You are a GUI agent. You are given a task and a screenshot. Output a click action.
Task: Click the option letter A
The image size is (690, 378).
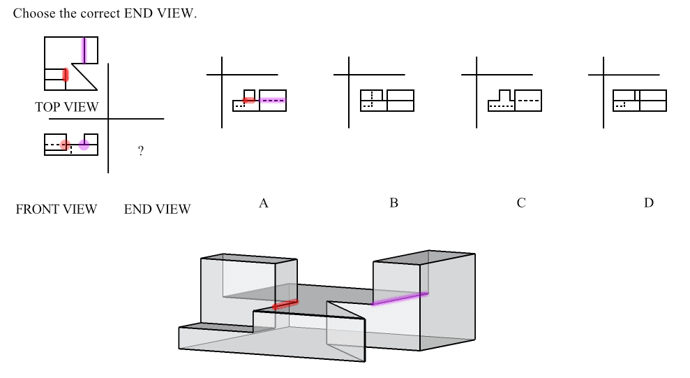[264, 203]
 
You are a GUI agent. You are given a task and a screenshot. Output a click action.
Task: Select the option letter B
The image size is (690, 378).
[393, 203]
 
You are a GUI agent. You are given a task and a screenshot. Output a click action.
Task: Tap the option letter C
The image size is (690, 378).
[521, 203]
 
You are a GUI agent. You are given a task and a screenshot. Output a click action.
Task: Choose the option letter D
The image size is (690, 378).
[649, 203]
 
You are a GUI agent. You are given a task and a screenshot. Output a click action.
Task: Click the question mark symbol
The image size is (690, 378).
[141, 151]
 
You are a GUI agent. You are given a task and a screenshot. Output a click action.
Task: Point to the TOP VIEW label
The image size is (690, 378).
[67, 107]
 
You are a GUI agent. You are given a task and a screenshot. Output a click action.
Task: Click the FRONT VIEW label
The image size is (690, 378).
[56, 209]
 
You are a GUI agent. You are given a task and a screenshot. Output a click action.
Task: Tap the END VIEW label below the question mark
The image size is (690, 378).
[157, 209]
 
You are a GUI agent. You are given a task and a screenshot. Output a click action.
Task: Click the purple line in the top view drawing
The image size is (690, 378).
[84, 50]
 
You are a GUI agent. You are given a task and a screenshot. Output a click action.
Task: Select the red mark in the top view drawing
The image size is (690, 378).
[66, 74]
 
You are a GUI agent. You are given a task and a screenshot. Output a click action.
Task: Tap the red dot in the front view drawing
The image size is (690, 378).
[65, 145]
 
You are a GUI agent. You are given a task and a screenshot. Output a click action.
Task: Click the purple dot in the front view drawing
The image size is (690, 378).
[84, 145]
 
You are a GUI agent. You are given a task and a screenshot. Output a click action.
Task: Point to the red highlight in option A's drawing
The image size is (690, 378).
[249, 101]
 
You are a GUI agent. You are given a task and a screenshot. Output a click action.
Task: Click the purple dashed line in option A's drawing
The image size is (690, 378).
[273, 101]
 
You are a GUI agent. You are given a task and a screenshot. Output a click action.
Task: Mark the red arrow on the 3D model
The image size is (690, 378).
[285, 305]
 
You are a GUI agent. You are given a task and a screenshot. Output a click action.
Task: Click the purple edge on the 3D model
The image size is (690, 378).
[400, 299]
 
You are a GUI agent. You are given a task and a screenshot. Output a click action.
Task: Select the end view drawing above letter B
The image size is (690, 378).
[387, 101]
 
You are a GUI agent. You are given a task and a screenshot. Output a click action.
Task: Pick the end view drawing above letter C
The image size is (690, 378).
[514, 101]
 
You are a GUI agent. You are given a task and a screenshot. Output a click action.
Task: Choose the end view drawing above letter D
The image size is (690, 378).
[639, 101]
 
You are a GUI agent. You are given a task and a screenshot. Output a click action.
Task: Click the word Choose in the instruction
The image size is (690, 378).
[32, 14]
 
